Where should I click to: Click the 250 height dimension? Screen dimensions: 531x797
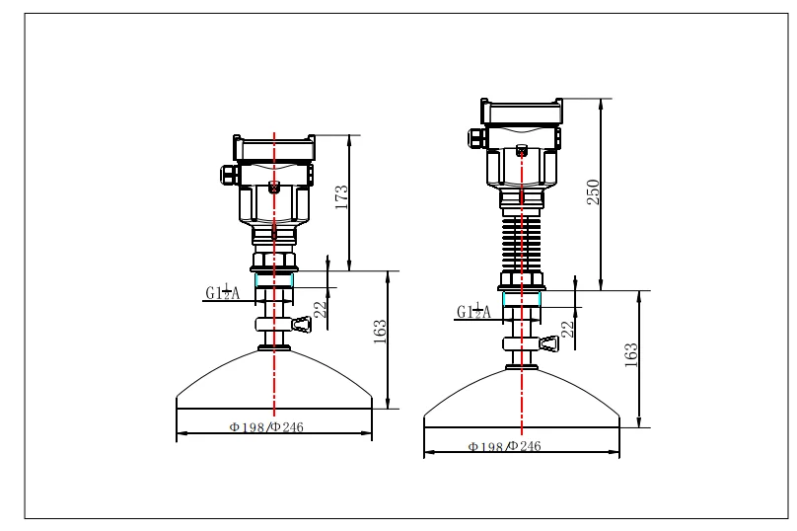(x=594, y=192)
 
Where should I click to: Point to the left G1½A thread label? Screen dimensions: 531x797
(x=222, y=291)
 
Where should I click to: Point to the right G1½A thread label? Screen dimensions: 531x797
(x=473, y=312)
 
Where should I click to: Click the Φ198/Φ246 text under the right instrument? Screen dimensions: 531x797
(x=504, y=447)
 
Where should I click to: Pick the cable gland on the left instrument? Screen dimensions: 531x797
(x=226, y=174)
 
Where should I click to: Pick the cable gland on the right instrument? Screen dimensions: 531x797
(x=474, y=137)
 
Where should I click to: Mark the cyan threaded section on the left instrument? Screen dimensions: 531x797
(x=274, y=281)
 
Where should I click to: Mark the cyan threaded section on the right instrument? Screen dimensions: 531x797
(x=521, y=299)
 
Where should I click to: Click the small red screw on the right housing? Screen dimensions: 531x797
(x=521, y=151)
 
